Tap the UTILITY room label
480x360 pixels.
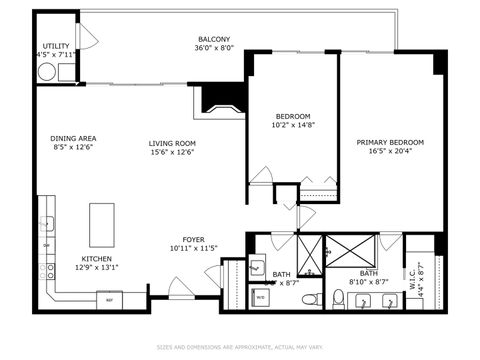54,46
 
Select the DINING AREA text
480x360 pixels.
73,139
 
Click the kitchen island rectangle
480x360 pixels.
102,224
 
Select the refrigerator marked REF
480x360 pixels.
107,298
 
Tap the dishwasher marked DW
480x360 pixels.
46,245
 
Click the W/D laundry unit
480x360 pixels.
260,297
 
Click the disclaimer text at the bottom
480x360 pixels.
240,348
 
